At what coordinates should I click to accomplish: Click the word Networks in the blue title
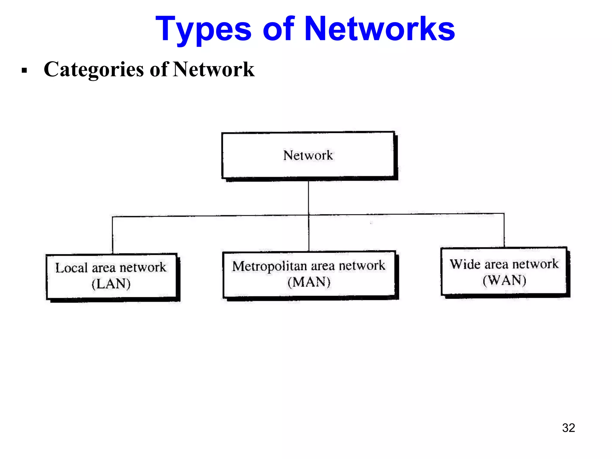coord(380,29)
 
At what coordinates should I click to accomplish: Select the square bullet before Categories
coord(25,71)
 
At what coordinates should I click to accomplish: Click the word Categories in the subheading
coord(94,70)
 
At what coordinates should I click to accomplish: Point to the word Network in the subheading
coord(214,69)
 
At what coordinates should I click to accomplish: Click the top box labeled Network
coord(308,155)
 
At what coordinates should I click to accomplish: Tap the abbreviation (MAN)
coord(309,282)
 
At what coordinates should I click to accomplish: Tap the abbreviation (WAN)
coord(504,280)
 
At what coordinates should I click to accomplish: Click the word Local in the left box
coord(71,268)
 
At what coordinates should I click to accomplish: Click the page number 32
coord(568,428)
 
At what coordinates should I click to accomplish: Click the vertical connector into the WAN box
coord(504,230)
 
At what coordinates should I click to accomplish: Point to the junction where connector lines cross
coord(309,215)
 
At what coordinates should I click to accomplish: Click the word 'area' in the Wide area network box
coord(496,264)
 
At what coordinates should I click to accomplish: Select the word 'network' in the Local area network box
coord(143,267)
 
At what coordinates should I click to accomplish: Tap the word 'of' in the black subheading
coord(159,69)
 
